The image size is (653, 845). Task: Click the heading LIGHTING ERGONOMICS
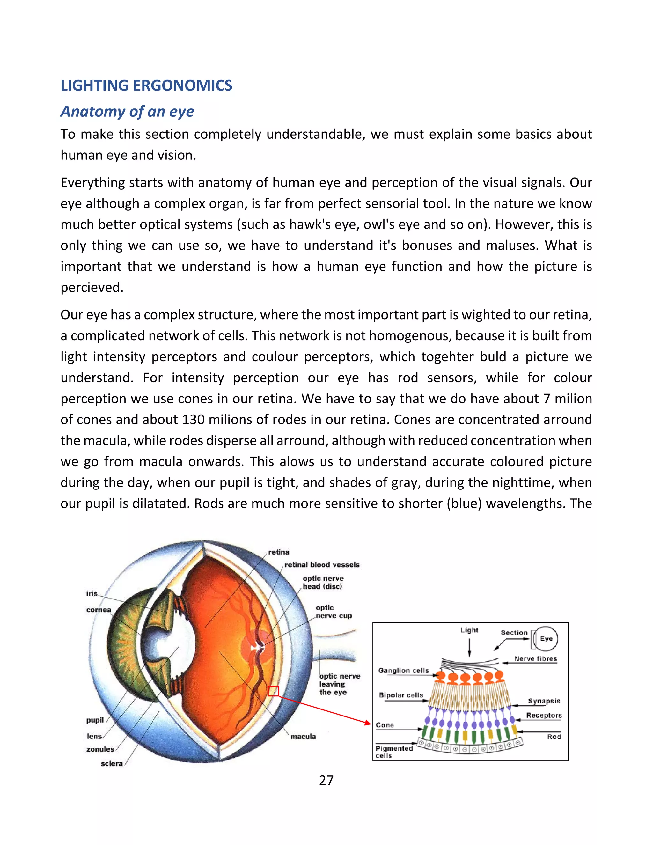click(x=146, y=85)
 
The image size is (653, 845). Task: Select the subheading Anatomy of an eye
click(x=127, y=111)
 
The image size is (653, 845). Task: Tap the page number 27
click(x=326, y=780)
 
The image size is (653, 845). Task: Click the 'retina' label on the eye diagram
click(x=279, y=552)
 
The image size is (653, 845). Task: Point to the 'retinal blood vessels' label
click(x=322, y=565)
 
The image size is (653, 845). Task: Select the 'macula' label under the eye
click(x=303, y=737)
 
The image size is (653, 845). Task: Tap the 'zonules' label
click(x=100, y=749)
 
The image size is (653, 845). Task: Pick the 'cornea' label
click(x=98, y=610)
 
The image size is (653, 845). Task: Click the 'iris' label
click(x=92, y=593)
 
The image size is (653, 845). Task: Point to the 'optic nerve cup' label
click(x=334, y=612)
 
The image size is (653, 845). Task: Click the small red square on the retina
click(x=274, y=691)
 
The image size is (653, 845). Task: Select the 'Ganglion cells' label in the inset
click(x=403, y=671)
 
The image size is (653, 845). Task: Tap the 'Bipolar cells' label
click(x=401, y=695)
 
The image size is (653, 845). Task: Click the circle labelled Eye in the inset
click(x=546, y=639)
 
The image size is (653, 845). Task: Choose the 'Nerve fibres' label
click(x=535, y=659)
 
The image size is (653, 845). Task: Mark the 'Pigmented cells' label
click(x=393, y=752)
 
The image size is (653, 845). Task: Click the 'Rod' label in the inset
click(x=554, y=737)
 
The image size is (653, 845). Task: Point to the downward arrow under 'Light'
click(x=469, y=648)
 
